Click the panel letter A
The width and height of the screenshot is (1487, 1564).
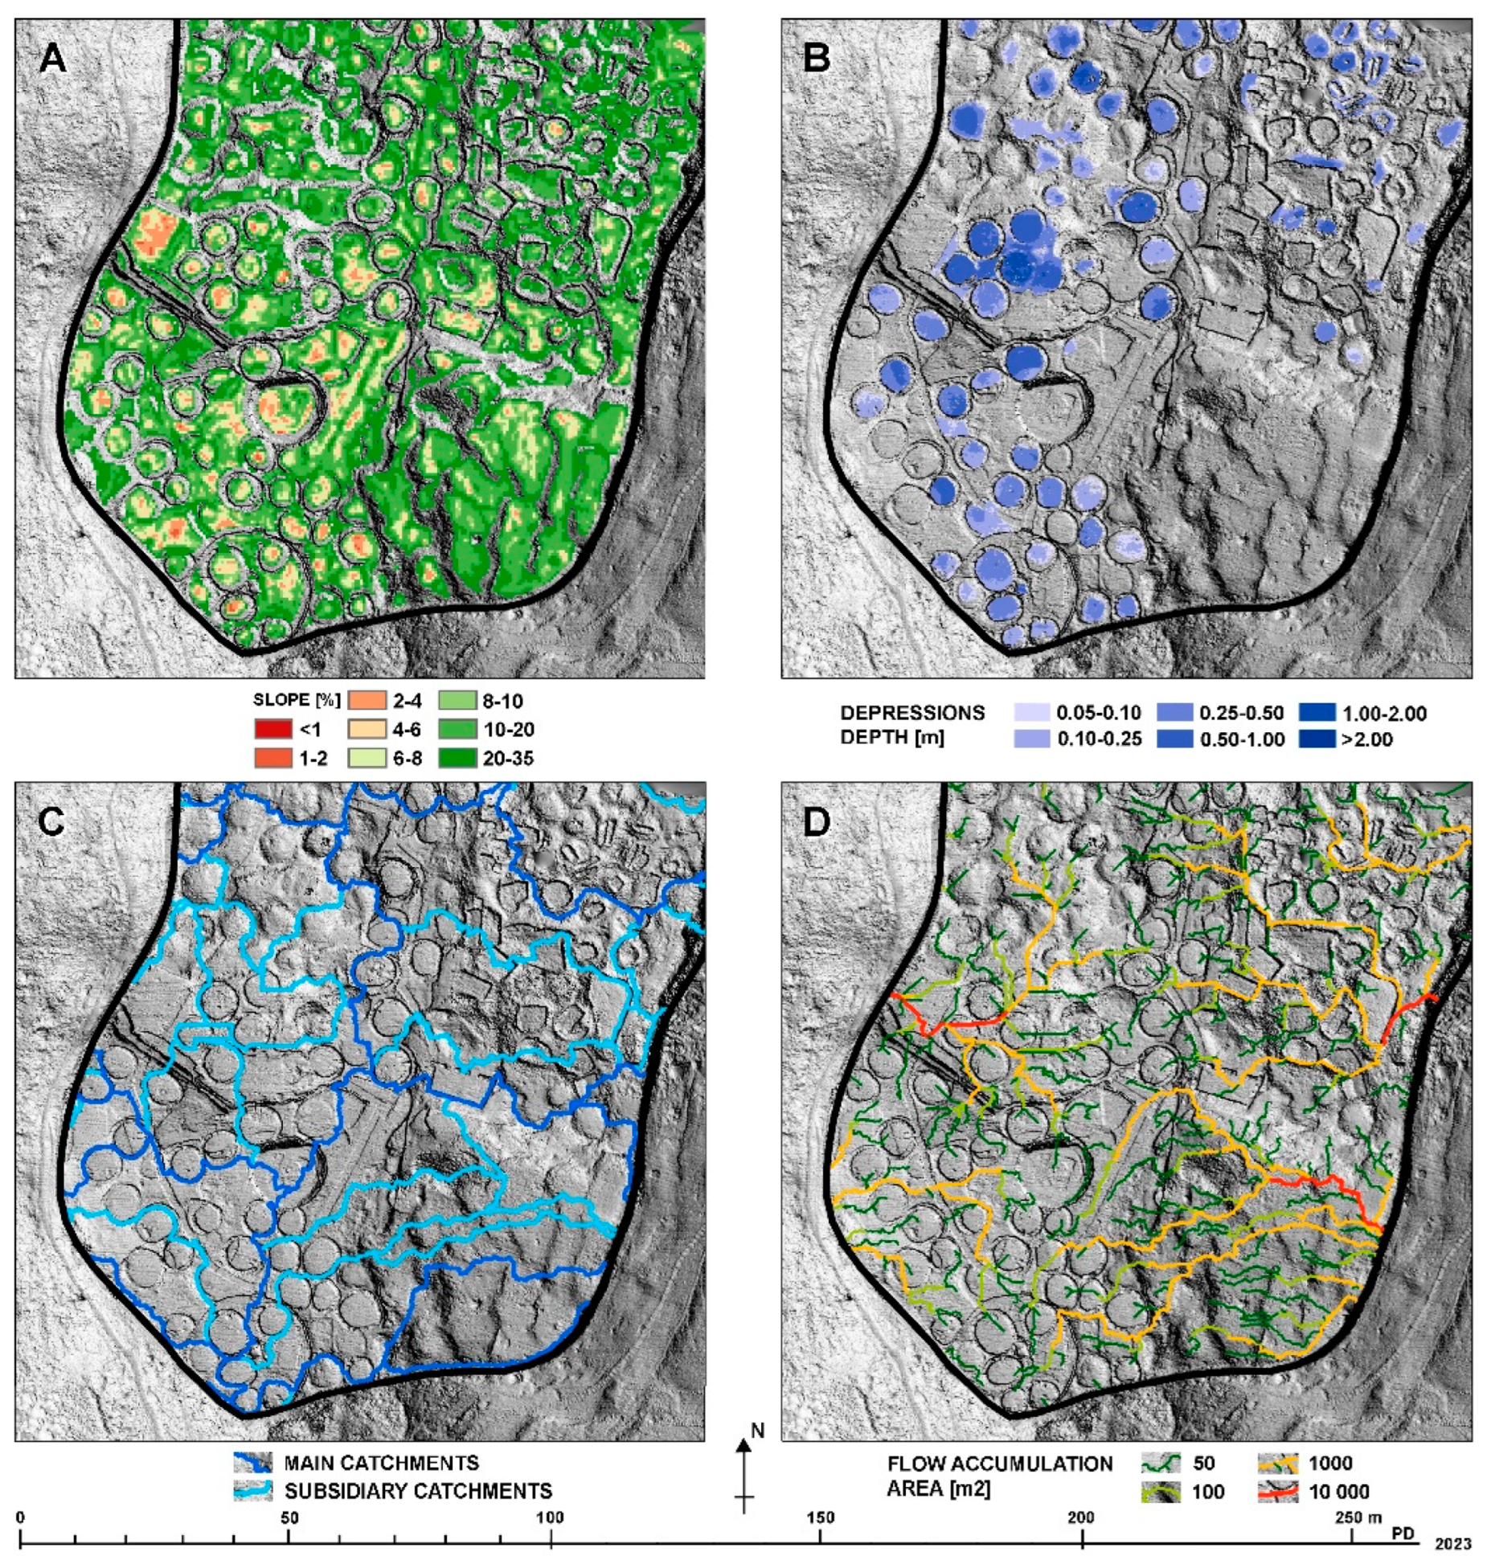click(54, 60)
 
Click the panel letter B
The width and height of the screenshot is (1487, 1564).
click(818, 60)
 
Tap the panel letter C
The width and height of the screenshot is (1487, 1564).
click(54, 825)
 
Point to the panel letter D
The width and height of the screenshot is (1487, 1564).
click(818, 825)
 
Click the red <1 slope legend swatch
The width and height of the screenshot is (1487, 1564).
click(272, 730)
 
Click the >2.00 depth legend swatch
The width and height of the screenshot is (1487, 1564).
click(1317, 739)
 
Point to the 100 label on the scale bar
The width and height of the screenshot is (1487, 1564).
click(550, 1517)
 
